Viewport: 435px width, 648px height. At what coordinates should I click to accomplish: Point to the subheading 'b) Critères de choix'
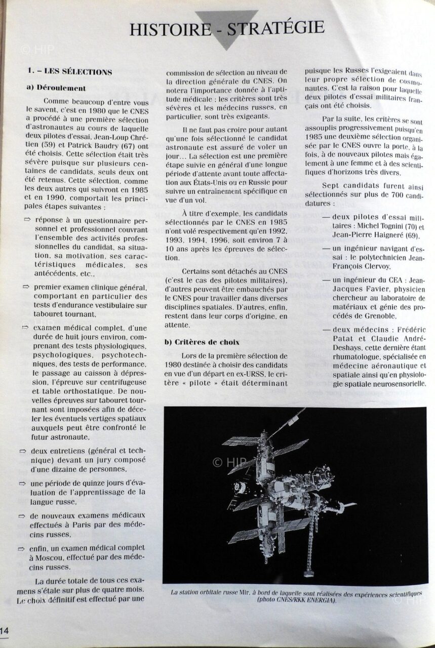202,342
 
